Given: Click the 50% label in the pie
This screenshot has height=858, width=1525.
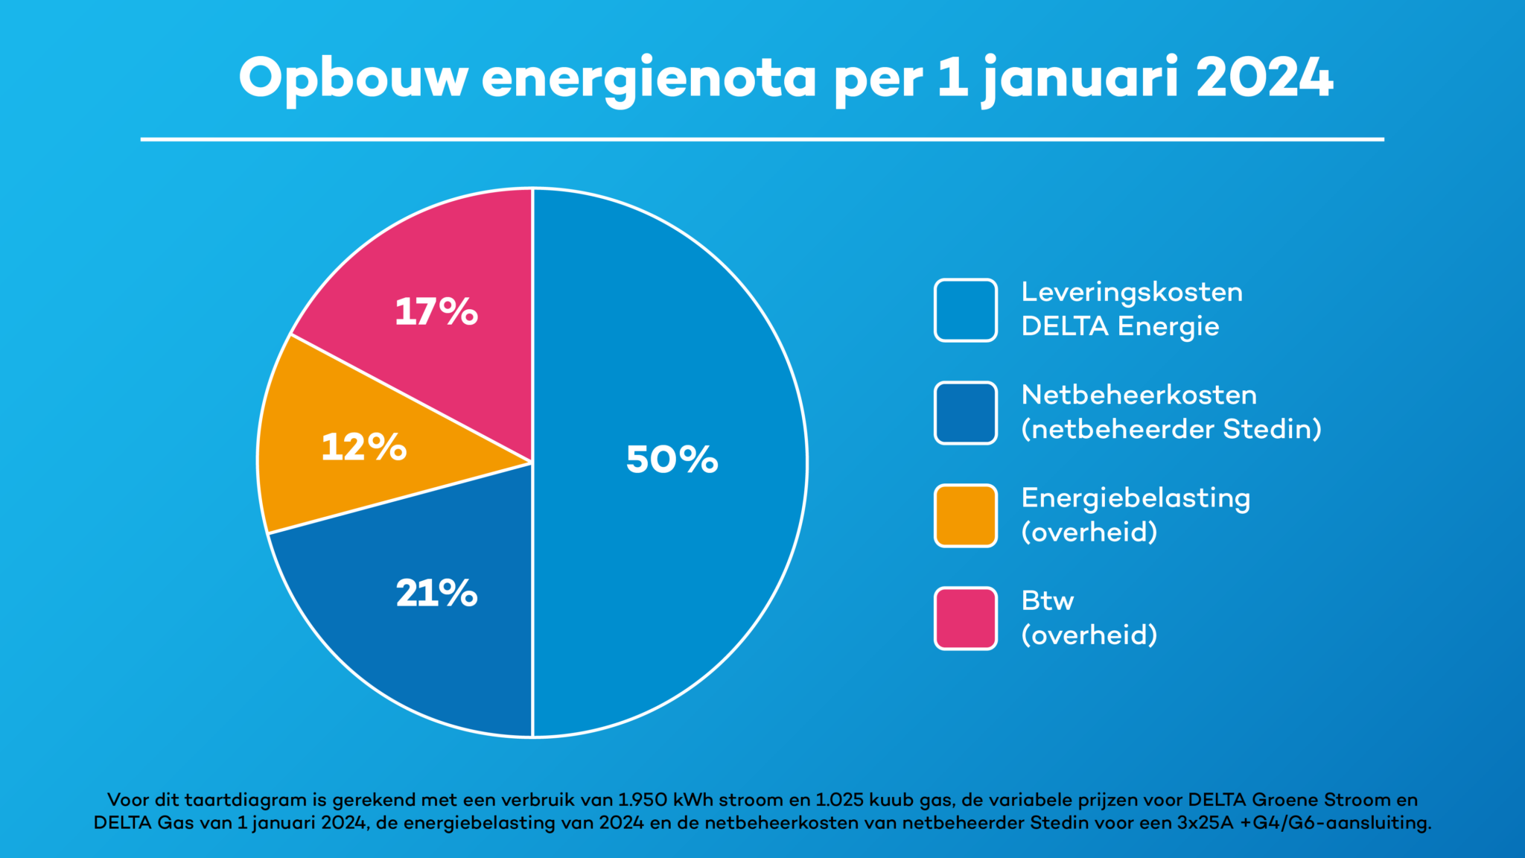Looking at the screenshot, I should click(x=672, y=460).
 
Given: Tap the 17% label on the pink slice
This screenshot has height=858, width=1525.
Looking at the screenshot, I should click(x=436, y=311).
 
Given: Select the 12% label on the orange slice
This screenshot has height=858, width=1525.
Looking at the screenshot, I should click(x=364, y=448).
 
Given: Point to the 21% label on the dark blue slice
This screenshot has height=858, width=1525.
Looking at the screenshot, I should click(x=436, y=594).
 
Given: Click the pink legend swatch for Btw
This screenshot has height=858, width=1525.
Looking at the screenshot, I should click(x=966, y=618).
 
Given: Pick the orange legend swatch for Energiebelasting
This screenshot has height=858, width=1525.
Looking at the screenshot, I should click(x=966, y=515).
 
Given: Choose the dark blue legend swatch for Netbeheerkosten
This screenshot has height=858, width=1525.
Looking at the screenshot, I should click(x=966, y=413).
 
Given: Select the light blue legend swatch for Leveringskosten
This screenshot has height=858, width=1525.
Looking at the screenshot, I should click(x=966, y=310).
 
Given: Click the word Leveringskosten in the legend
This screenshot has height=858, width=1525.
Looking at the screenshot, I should click(x=1132, y=292).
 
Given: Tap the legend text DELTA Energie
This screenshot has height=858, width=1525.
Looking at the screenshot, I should click(x=1120, y=326).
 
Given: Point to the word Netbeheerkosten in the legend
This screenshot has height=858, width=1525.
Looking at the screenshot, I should click(x=1139, y=395).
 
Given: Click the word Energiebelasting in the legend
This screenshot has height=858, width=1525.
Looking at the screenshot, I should click(x=1136, y=498).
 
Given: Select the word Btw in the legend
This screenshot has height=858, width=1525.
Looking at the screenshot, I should click(x=1047, y=600).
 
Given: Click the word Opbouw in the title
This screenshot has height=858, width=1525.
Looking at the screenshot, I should click(x=353, y=78).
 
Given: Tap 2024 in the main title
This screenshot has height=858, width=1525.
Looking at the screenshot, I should click(x=1264, y=77).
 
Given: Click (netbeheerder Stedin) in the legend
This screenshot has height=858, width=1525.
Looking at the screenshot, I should click(x=1171, y=430).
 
